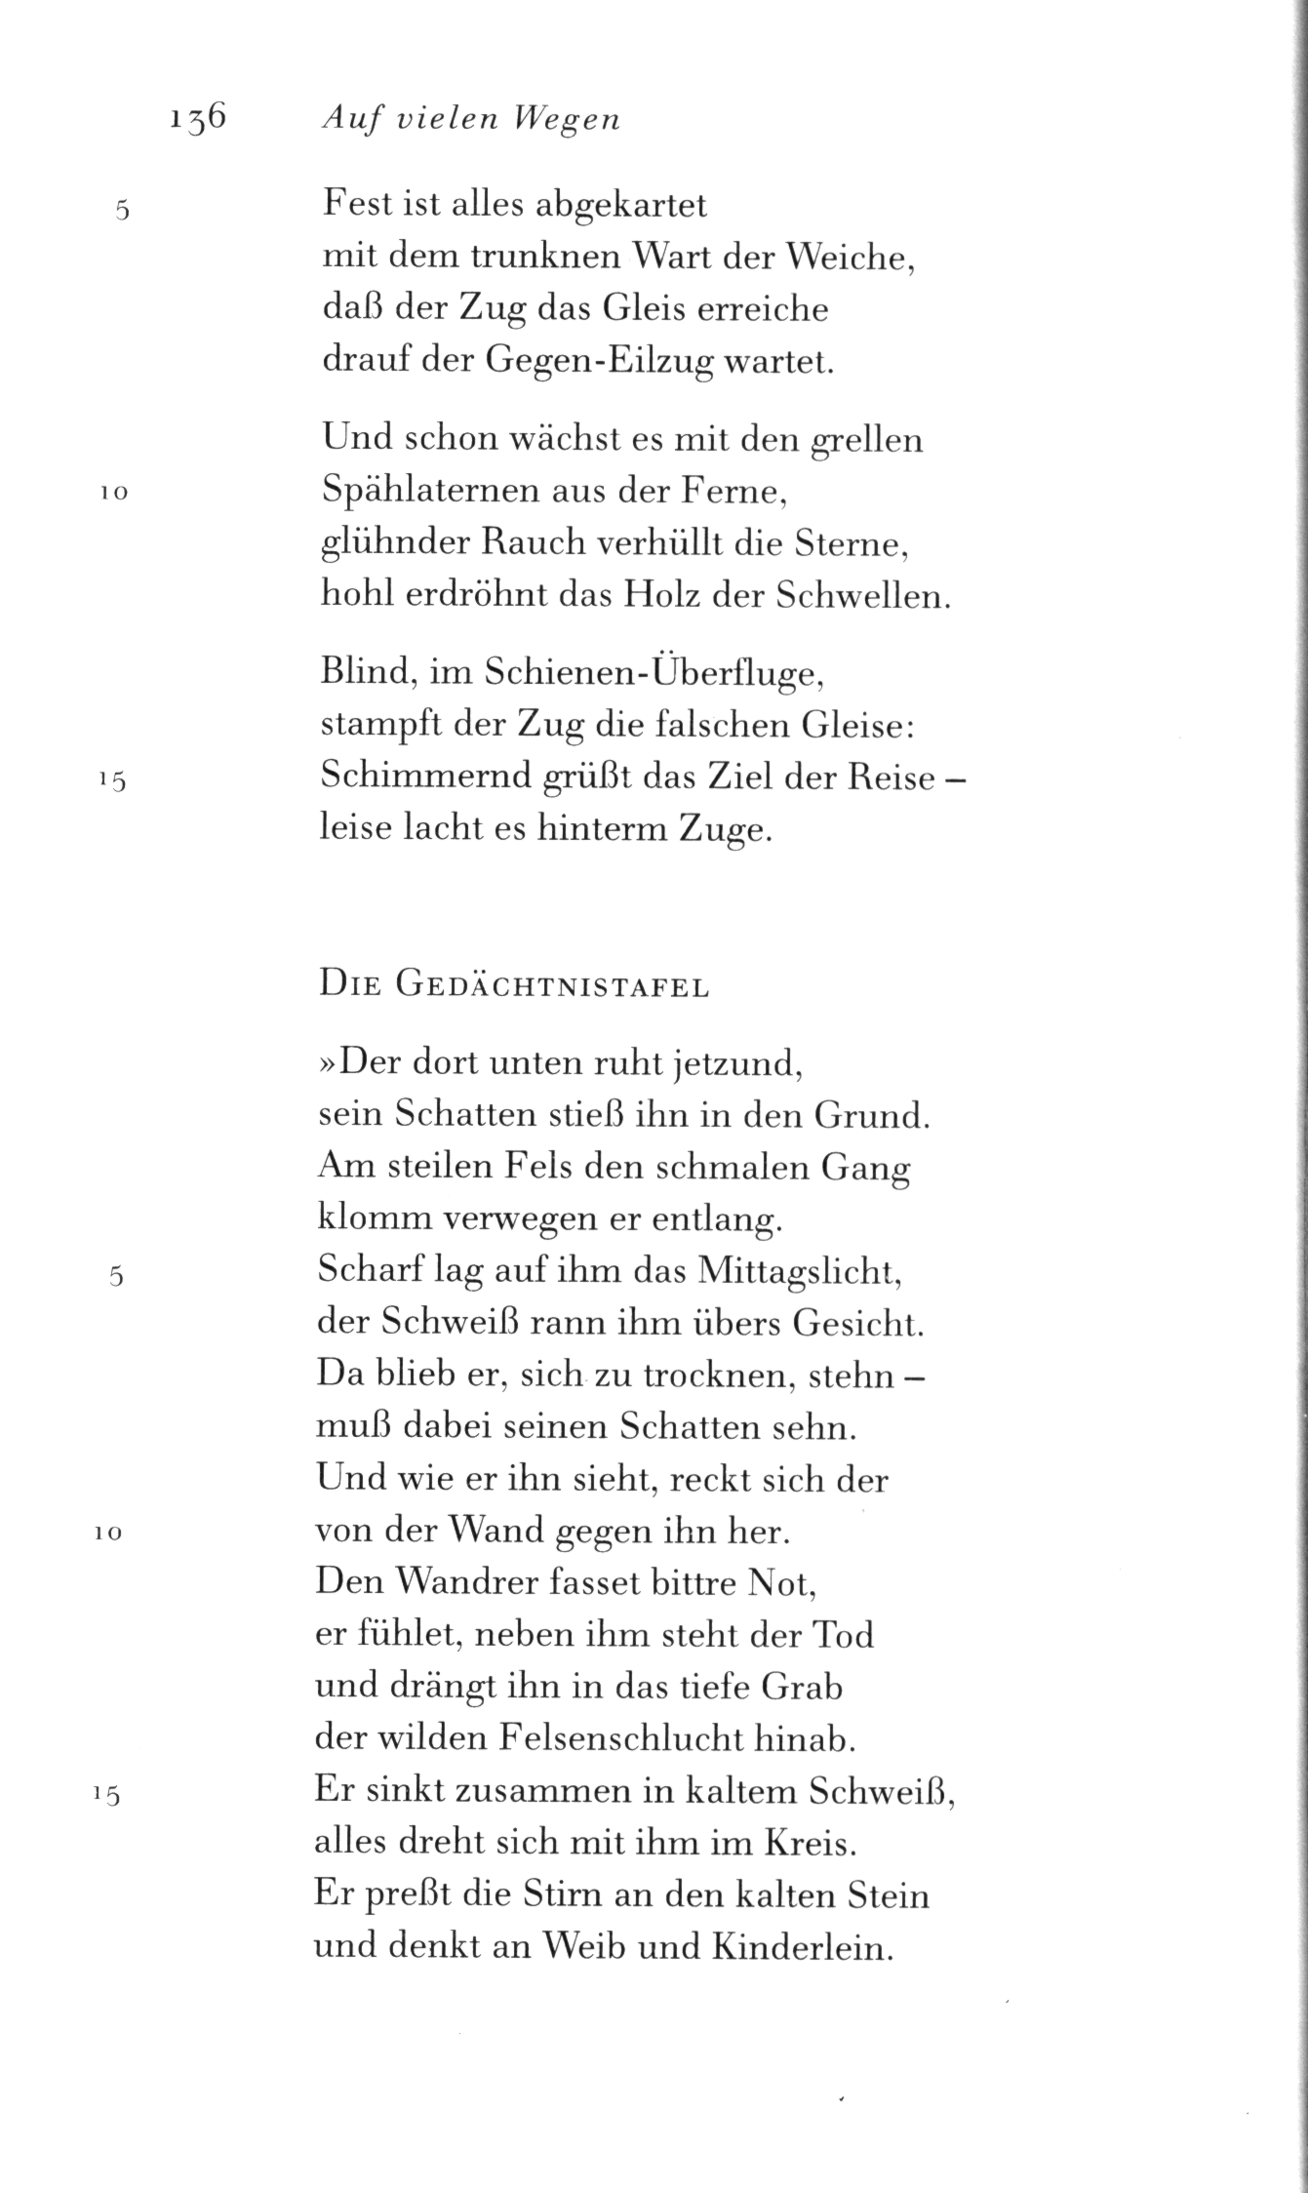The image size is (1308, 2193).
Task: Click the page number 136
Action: click(x=197, y=118)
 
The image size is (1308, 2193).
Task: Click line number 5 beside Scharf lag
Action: click(x=116, y=1275)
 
